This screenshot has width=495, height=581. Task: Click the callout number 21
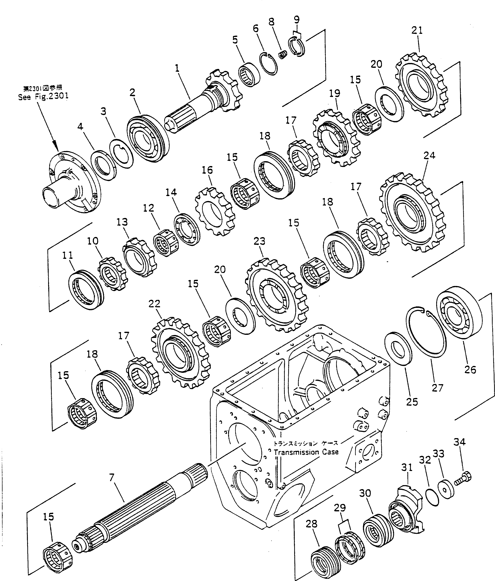coord(417,30)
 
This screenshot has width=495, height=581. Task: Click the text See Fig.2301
coord(43,97)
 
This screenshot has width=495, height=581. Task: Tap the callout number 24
coord(429,156)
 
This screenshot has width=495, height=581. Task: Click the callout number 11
coord(68,255)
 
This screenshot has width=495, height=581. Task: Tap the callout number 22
coord(154,304)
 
